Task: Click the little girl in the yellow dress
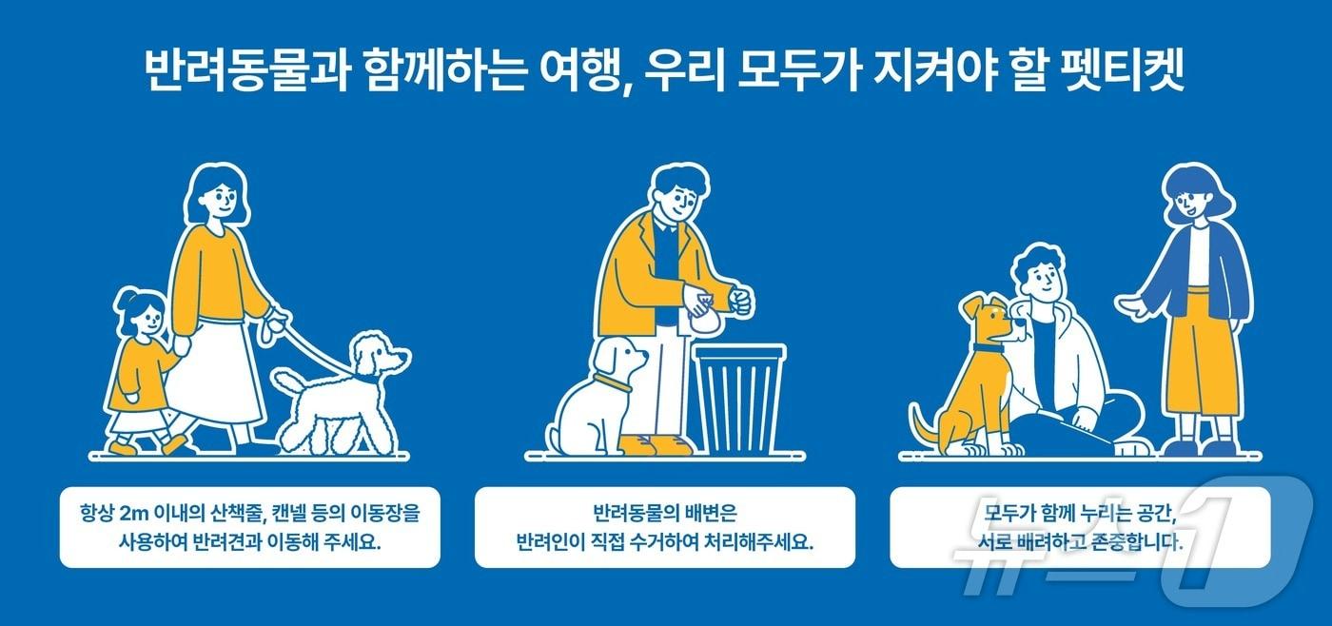pos(138,371)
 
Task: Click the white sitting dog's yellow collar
pos(614,384)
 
